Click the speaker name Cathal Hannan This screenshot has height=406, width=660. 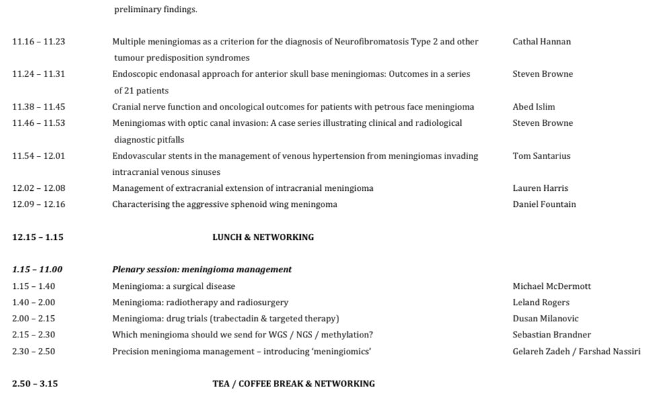coord(541,42)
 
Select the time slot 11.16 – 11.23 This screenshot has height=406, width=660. coord(38,42)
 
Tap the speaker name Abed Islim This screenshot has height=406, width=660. coord(534,107)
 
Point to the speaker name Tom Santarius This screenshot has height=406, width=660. coord(541,156)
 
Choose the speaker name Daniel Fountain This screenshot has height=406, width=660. coord(544,204)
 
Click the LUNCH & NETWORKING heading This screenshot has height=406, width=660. coord(263,237)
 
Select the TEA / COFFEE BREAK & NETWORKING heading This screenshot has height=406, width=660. coord(293,384)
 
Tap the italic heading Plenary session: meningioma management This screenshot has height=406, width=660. coord(202,270)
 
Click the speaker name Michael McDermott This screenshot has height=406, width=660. coord(552,286)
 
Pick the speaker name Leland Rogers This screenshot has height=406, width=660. coord(541,302)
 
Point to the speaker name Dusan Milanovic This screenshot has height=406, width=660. coord(545,319)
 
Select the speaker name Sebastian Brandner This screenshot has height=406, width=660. coord(553,335)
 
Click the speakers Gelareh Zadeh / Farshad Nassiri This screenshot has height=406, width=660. coord(576,351)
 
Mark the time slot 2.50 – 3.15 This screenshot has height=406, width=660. coord(35,384)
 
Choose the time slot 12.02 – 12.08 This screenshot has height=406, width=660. coord(38,188)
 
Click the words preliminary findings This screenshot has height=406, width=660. coord(165,9)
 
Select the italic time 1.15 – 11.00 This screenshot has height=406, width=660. coord(37,270)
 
